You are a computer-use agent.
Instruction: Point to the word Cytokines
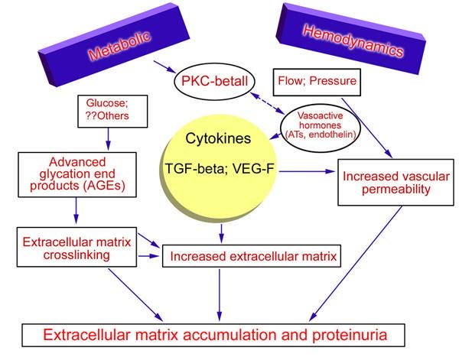click(x=218, y=138)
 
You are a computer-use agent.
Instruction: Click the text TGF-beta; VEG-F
click(x=220, y=168)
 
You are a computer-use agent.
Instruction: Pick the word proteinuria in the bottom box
click(x=350, y=335)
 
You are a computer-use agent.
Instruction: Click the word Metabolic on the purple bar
click(x=120, y=46)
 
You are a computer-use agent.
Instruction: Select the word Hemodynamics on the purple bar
click(x=353, y=41)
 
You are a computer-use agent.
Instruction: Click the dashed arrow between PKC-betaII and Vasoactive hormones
click(x=268, y=103)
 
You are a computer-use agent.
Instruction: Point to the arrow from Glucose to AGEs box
click(x=109, y=139)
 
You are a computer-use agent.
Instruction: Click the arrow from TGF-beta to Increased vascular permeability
click(x=307, y=171)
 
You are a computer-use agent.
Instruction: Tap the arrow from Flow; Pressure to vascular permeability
click(x=367, y=128)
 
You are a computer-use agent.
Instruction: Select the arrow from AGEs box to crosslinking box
click(x=76, y=210)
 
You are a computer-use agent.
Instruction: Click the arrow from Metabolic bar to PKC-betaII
click(x=164, y=67)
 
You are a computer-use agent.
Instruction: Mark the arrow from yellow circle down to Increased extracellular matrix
click(x=221, y=233)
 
